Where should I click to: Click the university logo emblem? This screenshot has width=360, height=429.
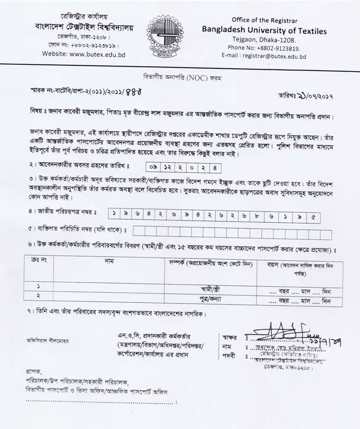165,36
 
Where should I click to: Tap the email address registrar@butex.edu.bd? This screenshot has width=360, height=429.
264,57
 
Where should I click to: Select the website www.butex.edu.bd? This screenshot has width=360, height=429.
84,54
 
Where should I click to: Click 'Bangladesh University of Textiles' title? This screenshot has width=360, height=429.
264,31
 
